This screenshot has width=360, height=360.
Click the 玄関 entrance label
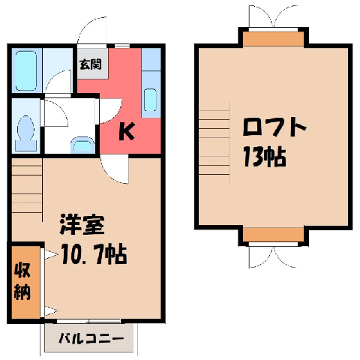(91, 64)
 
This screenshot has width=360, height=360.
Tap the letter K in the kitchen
(127, 131)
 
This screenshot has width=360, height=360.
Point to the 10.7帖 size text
(94, 254)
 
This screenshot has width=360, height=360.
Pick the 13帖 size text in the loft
(265, 157)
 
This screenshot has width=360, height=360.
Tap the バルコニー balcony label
(91, 339)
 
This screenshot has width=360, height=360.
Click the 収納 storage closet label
(22, 281)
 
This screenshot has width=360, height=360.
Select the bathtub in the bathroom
(26, 70)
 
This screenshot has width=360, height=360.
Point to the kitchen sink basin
(150, 100)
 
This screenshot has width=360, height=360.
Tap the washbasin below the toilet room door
(82, 145)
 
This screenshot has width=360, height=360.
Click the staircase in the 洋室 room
(27, 190)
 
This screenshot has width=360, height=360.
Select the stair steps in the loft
(214, 142)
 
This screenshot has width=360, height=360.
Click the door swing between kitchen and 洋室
(115, 169)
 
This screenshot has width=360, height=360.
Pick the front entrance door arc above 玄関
(91, 30)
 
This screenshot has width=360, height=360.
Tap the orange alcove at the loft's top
(274, 39)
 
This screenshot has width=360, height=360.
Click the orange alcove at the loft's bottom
(274, 235)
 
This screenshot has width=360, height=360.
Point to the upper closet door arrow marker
(51, 254)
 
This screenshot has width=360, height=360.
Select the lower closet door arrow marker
(51, 311)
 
